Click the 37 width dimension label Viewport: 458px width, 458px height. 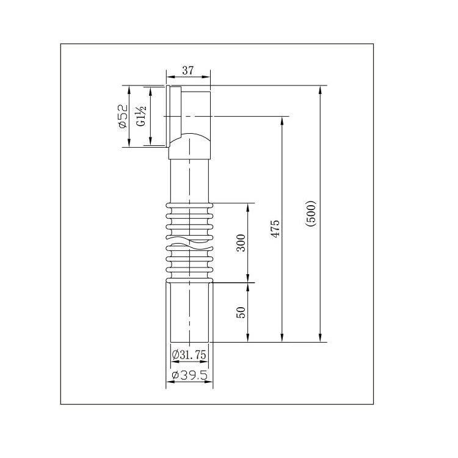click(188, 70)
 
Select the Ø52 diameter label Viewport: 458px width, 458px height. click(123, 116)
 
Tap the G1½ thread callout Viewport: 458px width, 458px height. click(141, 116)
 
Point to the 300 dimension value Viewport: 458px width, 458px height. click(241, 242)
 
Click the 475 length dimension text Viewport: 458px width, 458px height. click(275, 229)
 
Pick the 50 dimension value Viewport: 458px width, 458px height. click(241, 312)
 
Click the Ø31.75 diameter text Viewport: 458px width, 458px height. click(189, 355)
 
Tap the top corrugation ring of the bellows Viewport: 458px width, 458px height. click(189, 205)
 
